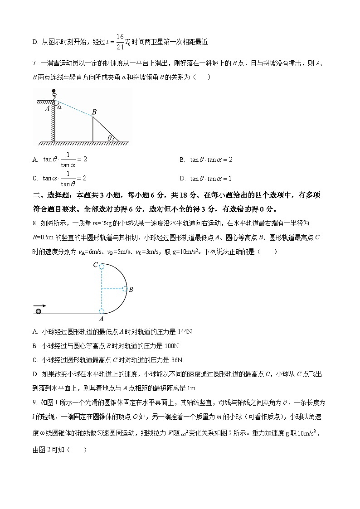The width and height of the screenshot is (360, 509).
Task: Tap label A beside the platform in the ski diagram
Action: (x=47, y=108)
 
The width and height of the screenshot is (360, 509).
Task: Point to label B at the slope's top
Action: (x=94, y=112)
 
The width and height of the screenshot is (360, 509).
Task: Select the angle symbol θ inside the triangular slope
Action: (x=109, y=138)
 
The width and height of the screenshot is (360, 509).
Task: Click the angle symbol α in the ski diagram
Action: (x=59, y=107)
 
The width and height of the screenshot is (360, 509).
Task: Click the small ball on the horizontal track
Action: (x=39, y=310)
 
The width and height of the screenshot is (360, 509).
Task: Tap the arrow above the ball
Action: (x=39, y=305)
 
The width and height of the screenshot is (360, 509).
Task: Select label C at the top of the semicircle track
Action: (x=95, y=265)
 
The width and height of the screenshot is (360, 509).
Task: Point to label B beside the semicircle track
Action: (x=131, y=289)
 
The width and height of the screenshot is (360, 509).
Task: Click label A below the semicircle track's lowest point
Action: (x=101, y=319)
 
